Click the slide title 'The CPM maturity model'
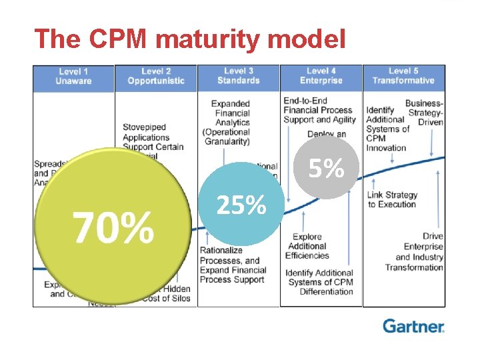click(x=190, y=39)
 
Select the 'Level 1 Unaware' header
click(x=73, y=77)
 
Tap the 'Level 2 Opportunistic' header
click(x=156, y=77)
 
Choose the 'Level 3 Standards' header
click(x=238, y=77)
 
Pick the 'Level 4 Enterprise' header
click(x=321, y=77)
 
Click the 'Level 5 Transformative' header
click(x=403, y=77)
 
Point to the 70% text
click(x=113, y=227)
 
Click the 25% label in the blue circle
click(x=241, y=207)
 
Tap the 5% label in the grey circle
click(x=325, y=169)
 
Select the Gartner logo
click(x=413, y=326)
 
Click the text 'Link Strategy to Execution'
click(x=393, y=199)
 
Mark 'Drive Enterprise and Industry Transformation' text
click(x=414, y=252)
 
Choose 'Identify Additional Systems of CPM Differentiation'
click(x=319, y=282)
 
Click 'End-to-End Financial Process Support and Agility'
click(x=319, y=110)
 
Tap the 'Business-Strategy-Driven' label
click(x=424, y=113)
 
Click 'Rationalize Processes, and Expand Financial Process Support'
click(x=233, y=265)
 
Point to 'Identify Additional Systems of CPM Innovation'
click(x=387, y=129)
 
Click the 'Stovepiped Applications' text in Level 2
click(x=146, y=137)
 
